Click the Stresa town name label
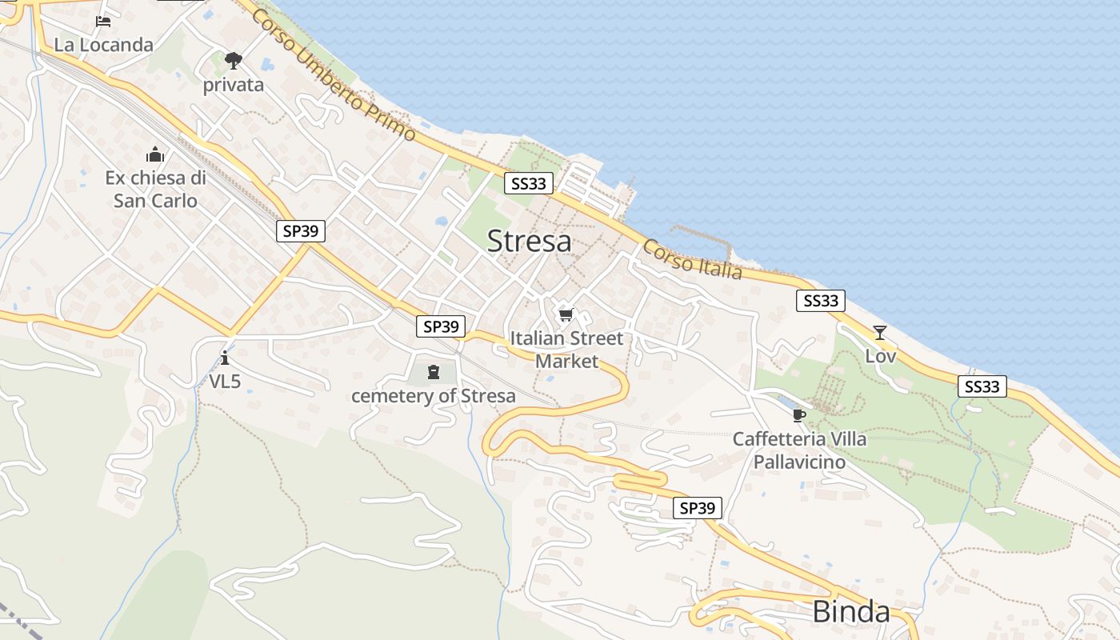(529, 241)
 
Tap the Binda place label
(851, 612)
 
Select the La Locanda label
(103, 45)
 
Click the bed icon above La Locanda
(103, 21)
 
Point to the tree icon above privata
(233, 60)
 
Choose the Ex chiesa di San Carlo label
(155, 190)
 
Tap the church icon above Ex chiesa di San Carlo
(155, 154)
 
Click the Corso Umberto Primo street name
(334, 76)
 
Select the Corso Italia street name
(692, 260)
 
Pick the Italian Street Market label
(566, 350)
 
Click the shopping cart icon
(566, 315)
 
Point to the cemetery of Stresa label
(434, 396)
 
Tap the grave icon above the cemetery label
(434, 371)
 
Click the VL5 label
(225, 382)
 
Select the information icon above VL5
(225, 357)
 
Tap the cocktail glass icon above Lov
(880, 333)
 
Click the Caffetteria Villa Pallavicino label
(799, 450)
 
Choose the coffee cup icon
(798, 415)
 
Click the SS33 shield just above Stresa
(529, 184)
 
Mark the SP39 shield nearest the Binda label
(697, 508)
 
